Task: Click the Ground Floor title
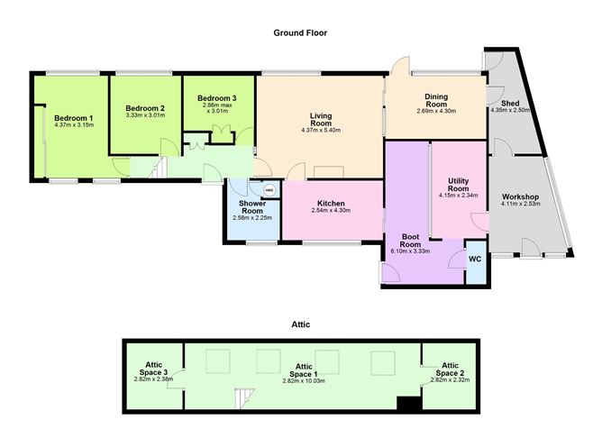300,33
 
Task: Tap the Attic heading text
301,324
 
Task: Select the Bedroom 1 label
73,118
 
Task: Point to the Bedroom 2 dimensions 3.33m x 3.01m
145,115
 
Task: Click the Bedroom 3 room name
217,98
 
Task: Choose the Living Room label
321,119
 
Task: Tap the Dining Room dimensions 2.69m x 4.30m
436,112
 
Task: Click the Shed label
510,104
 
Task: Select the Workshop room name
520,197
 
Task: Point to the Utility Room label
459,185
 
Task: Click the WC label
475,260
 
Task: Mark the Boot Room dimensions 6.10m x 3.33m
410,251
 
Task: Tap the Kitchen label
331,204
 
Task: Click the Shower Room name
252,207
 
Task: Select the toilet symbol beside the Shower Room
269,189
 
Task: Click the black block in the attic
409,404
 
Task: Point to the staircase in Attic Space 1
244,398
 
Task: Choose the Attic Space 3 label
153,369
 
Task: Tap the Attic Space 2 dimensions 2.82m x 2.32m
450,380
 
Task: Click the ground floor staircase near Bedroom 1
158,168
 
